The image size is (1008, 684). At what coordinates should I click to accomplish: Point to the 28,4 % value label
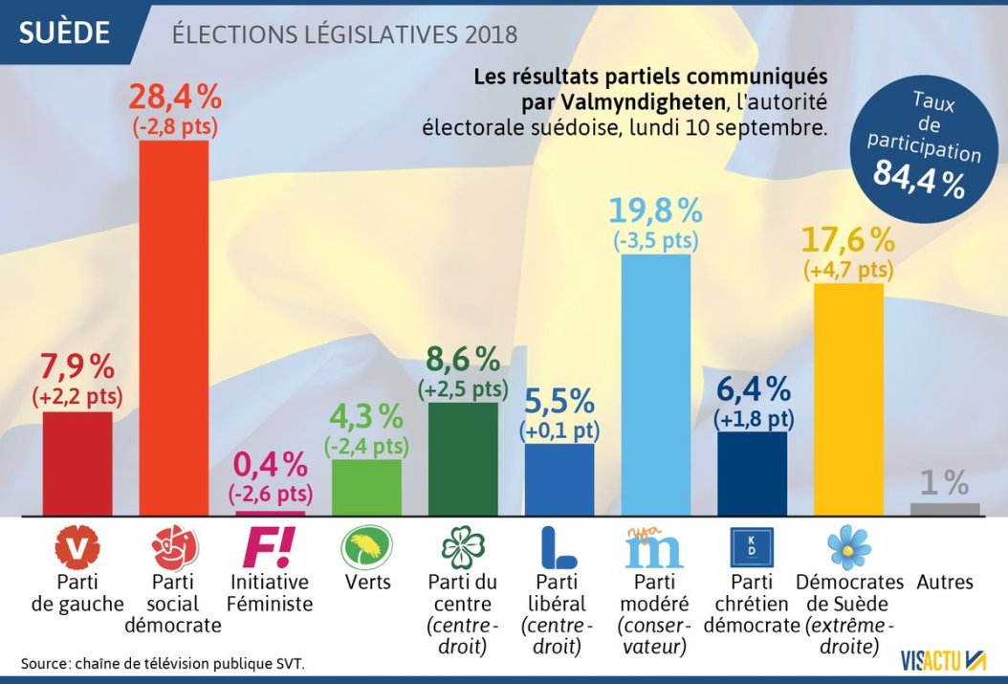[x=175, y=99]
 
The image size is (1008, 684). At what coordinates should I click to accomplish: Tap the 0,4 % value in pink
[x=271, y=466]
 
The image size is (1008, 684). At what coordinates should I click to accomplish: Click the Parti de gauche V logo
[x=78, y=547]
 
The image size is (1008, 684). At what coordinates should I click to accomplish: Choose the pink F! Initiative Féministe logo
[x=271, y=547]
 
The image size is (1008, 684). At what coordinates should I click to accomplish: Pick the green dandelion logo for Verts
[x=367, y=547]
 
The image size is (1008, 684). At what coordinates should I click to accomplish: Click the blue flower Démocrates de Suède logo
[x=848, y=547]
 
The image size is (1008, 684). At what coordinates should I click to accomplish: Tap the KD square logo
[x=752, y=547]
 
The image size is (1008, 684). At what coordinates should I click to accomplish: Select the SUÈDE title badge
[x=65, y=33]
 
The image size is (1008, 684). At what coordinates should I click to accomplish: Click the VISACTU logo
[x=943, y=659]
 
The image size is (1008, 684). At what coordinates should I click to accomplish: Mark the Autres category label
[x=945, y=582]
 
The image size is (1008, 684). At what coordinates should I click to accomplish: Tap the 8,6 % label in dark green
[x=463, y=361]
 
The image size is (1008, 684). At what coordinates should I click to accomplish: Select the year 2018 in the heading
[x=492, y=34]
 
